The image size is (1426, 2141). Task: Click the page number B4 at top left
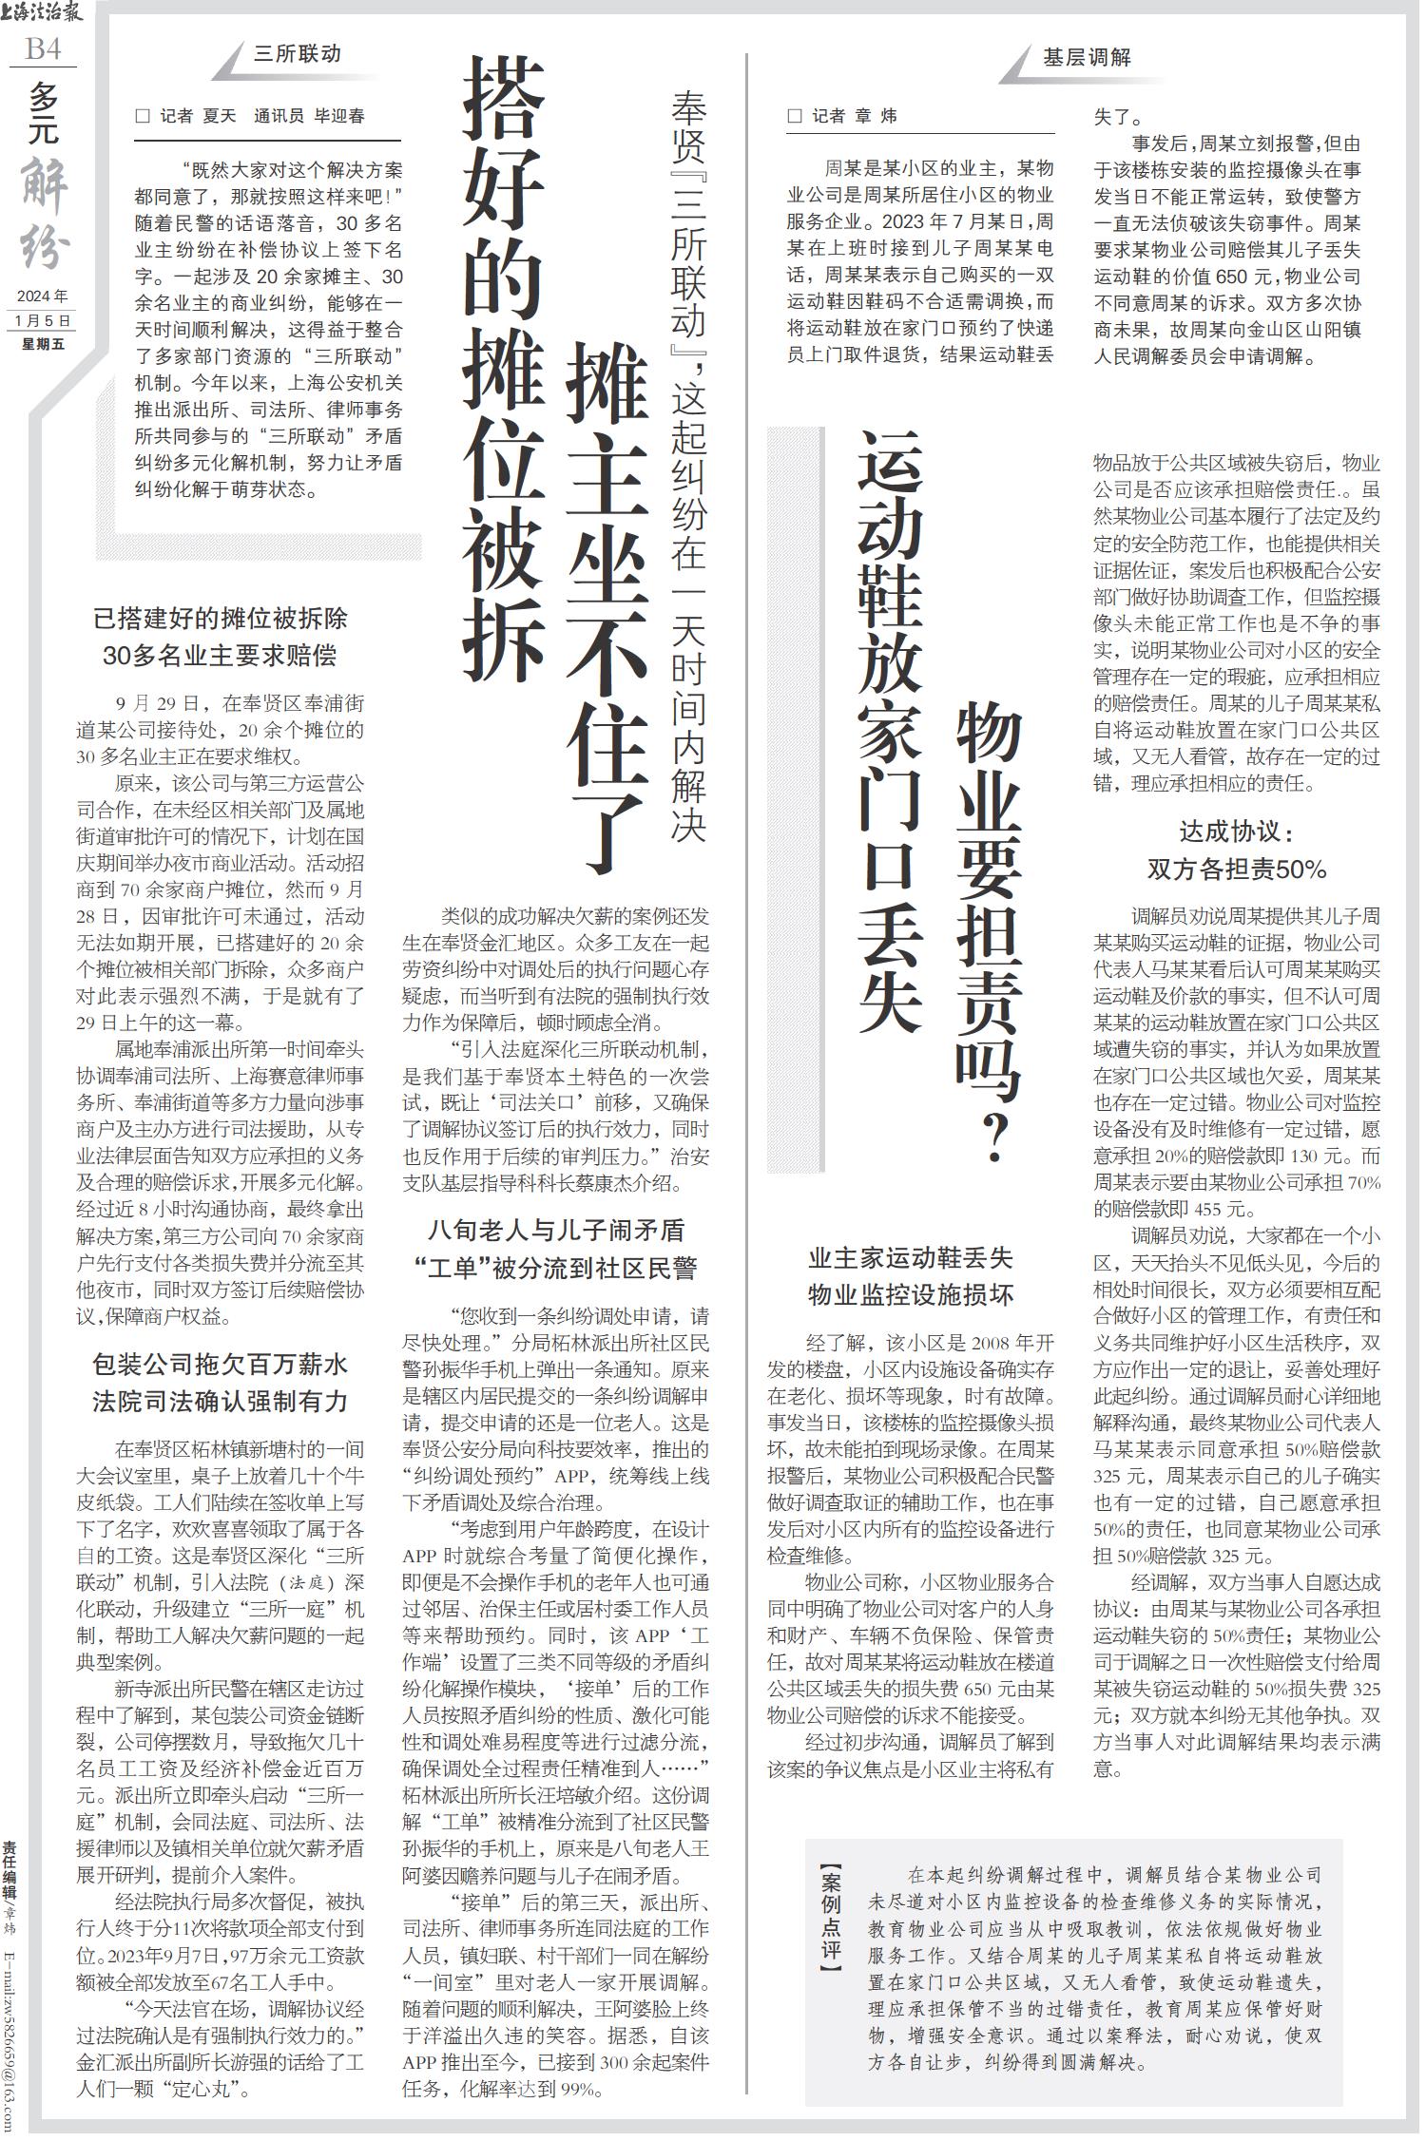point(43,48)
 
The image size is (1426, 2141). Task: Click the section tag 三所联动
point(297,53)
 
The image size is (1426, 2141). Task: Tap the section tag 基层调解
point(1087,57)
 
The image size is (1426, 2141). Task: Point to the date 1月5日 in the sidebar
point(43,321)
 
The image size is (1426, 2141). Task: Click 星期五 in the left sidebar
point(43,344)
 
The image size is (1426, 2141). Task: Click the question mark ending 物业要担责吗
point(994,1137)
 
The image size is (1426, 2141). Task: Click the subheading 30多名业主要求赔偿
point(220,656)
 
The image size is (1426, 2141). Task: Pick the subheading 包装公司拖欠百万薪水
point(220,1365)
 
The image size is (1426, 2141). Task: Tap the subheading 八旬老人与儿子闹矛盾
point(556,1231)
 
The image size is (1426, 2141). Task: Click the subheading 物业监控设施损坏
point(910,1294)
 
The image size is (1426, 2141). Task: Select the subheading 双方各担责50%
point(1236,870)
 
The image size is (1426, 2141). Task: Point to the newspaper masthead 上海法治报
point(43,12)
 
